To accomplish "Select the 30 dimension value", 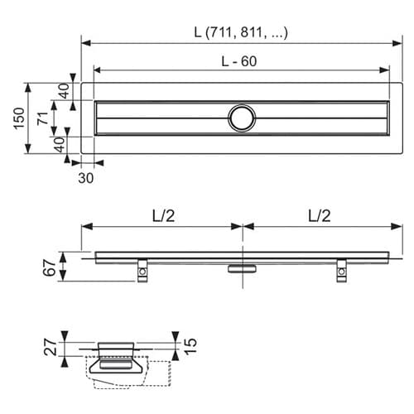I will (x=86, y=176).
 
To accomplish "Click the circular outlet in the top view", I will (x=243, y=118).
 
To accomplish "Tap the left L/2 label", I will (x=163, y=215).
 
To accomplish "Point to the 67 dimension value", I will (x=50, y=267).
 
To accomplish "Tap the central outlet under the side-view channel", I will (x=242, y=267).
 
